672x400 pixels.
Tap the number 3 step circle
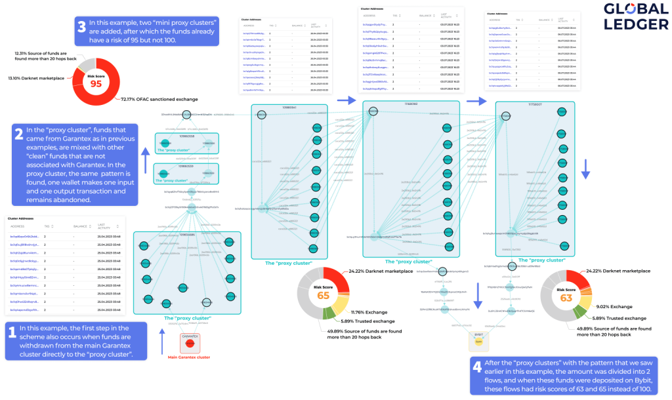click(82, 28)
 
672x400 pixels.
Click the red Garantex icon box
click(190, 343)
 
